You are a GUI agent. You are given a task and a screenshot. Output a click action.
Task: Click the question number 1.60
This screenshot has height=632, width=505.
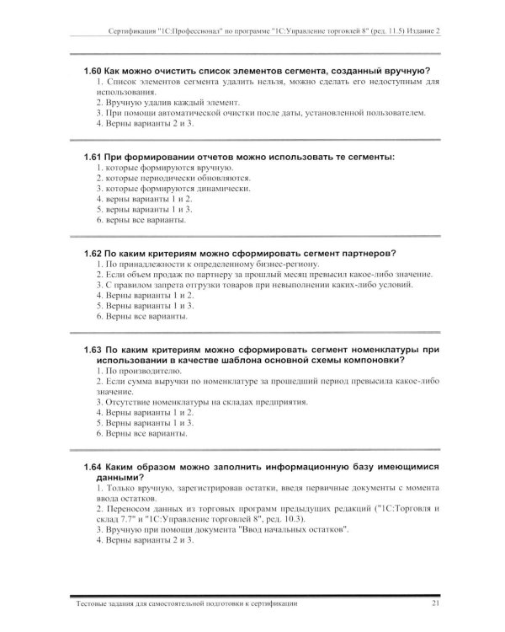click(93, 70)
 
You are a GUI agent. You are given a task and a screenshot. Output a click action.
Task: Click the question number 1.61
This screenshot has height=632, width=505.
click(93, 157)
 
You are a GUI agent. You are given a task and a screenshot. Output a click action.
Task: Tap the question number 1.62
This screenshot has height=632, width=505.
click(93, 254)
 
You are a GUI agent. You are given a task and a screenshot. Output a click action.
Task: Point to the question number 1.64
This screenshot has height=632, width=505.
click(93, 466)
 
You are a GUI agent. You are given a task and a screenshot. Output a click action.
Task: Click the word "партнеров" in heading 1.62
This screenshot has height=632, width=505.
click(369, 254)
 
